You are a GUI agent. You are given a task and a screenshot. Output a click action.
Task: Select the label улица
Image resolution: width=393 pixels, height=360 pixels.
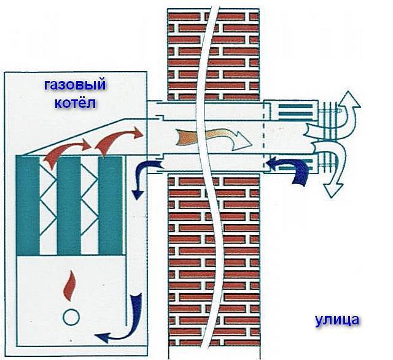[337, 319]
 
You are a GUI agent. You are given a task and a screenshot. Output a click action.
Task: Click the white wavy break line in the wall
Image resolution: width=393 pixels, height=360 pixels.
[209, 184]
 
